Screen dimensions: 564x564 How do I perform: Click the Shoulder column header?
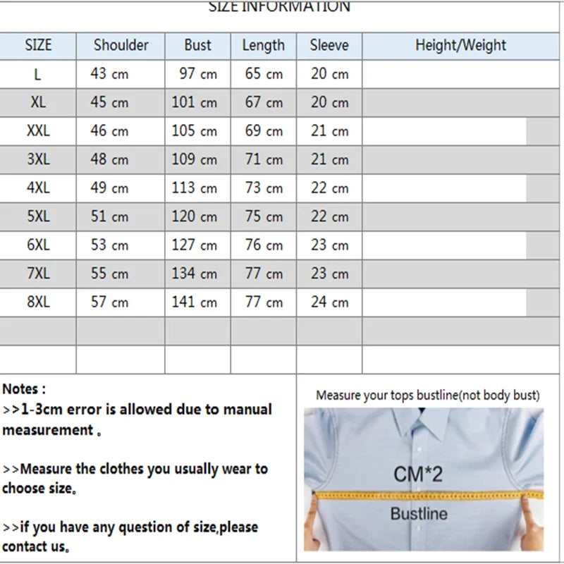click(x=121, y=45)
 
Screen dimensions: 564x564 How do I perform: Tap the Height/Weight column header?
click(x=460, y=45)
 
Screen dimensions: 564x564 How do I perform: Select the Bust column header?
click(x=197, y=45)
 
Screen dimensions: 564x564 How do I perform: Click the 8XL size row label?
click(x=38, y=302)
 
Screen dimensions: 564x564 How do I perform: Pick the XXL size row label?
click(x=38, y=130)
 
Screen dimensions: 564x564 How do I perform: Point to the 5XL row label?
click(x=38, y=216)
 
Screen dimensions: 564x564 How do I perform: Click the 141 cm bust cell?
click(x=194, y=302)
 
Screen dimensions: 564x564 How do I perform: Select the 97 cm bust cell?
click(x=197, y=73)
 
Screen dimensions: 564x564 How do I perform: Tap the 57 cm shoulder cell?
click(x=109, y=302)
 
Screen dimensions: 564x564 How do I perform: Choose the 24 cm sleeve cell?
click(x=329, y=302)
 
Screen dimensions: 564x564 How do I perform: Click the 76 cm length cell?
click(x=263, y=245)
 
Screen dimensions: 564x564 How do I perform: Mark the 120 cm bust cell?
click(x=194, y=216)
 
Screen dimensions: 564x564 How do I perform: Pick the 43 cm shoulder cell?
click(x=109, y=73)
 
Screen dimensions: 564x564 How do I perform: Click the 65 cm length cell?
click(x=263, y=73)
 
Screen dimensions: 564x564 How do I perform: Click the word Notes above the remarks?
click(x=23, y=388)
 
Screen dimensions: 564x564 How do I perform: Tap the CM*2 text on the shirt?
click(x=418, y=473)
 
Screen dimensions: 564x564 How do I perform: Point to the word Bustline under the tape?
click(x=419, y=513)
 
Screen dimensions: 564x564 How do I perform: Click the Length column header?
click(x=263, y=45)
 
